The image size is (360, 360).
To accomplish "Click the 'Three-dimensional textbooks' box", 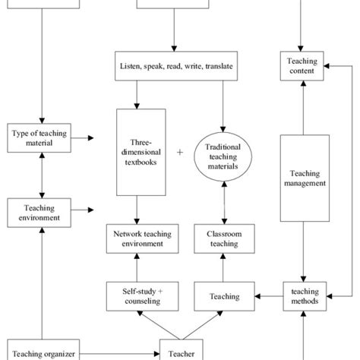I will pyautogui.click(x=141, y=152).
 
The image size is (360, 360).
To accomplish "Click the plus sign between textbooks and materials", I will pyautogui.click(x=180, y=152).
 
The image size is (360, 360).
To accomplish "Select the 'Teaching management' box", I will pyautogui.click(x=304, y=178).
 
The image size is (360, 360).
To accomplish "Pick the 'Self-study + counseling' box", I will pyautogui.click(x=137, y=295).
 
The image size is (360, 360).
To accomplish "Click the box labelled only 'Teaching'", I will pyautogui.click(x=224, y=296).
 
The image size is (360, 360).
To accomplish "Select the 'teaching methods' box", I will pyautogui.click(x=304, y=295).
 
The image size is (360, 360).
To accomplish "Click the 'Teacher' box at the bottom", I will pyautogui.click(x=180, y=352).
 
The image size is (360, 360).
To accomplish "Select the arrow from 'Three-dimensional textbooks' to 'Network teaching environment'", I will pyautogui.click(x=137, y=209).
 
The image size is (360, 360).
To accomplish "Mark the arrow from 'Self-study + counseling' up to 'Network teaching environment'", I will pyautogui.click(x=137, y=267).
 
